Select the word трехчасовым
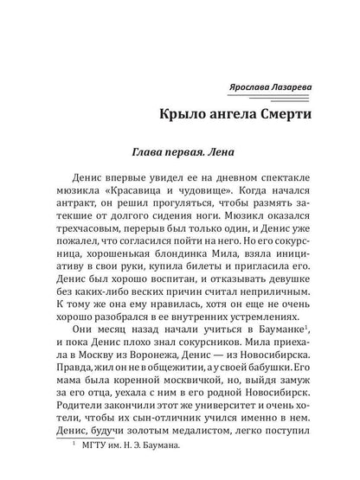coord(84,213)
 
